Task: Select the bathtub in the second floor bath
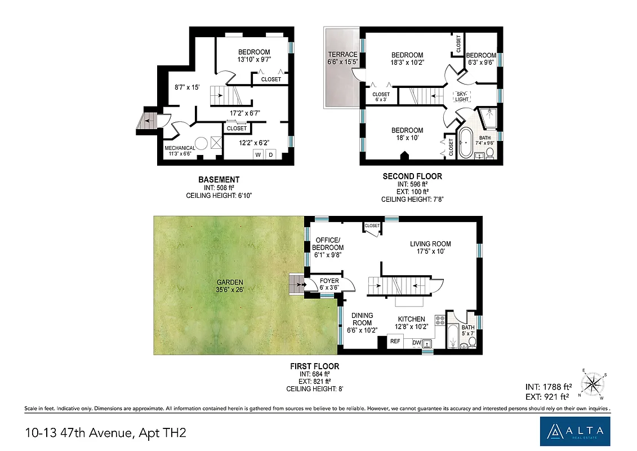pyautogui.click(x=466, y=145)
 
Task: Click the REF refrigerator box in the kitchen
pyautogui.click(x=395, y=341)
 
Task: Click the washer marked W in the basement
pyautogui.click(x=258, y=154)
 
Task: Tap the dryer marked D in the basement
pyautogui.click(x=270, y=154)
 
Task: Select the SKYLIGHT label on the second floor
pyautogui.click(x=462, y=96)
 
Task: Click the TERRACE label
pyautogui.click(x=342, y=55)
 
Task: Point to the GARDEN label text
pyautogui.click(x=230, y=282)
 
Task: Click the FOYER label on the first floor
pyautogui.click(x=329, y=281)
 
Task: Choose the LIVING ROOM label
pyautogui.click(x=430, y=244)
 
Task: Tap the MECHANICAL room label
pyautogui.click(x=180, y=148)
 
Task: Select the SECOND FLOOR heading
pyautogui.click(x=412, y=176)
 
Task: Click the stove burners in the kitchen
pyautogui.click(x=440, y=321)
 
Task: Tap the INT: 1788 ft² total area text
pyautogui.click(x=548, y=386)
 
